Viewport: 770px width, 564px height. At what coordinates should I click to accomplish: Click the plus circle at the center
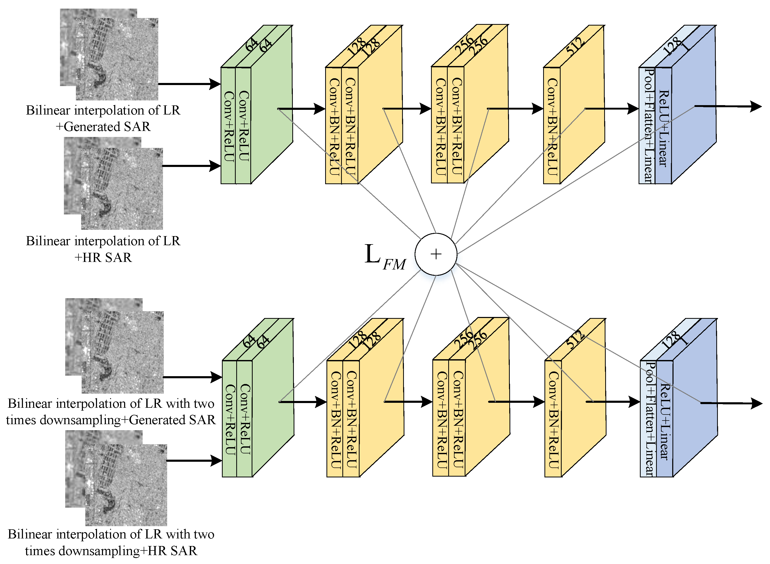tap(436, 254)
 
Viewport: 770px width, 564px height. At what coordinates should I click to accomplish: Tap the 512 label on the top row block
tap(575, 46)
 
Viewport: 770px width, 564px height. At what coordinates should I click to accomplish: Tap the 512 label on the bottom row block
tap(575, 339)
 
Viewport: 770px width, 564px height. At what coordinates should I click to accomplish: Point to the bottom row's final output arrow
tap(733, 403)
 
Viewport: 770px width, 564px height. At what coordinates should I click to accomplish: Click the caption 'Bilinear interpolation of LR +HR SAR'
tap(103, 249)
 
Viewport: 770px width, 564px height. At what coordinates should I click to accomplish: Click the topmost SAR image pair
tap(109, 55)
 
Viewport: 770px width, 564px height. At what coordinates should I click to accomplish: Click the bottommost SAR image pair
tap(116, 478)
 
